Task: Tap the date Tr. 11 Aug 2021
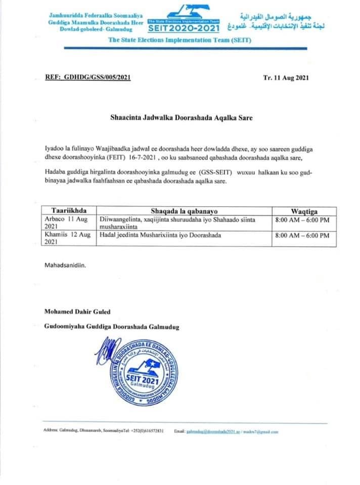(x=286, y=78)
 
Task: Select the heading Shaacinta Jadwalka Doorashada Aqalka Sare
(x=181, y=117)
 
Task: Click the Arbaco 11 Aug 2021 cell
(x=66, y=223)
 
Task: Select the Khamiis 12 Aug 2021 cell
(x=66, y=238)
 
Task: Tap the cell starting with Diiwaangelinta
(x=179, y=223)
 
